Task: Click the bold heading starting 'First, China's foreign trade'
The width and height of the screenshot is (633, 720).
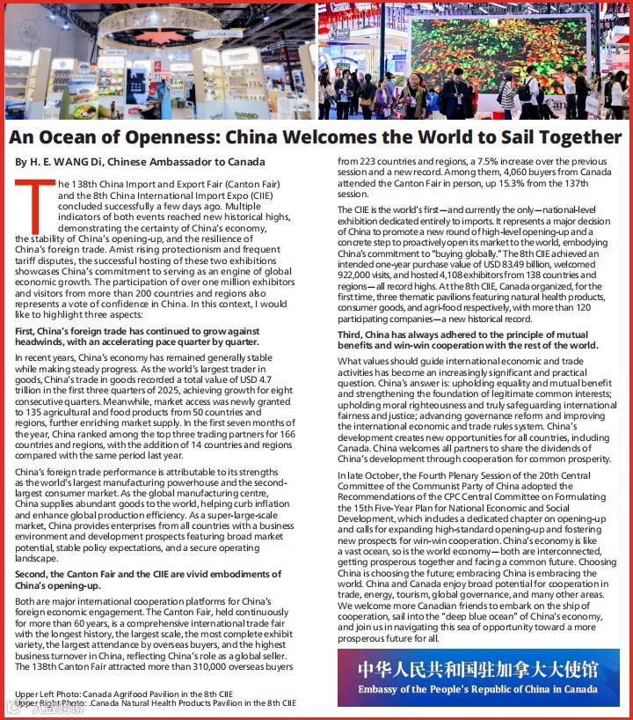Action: [x=136, y=336]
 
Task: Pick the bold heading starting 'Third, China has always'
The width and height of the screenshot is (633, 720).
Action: [x=467, y=340]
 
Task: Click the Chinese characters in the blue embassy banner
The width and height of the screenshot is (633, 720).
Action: [x=477, y=669]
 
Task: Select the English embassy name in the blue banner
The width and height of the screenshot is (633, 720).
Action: [x=477, y=689]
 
